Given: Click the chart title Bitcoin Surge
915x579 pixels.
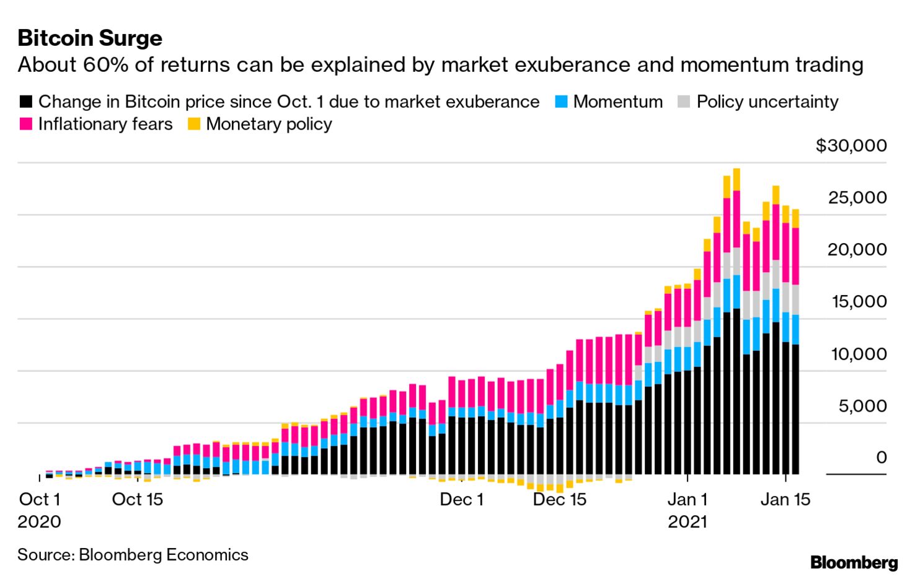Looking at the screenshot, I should tap(90, 38).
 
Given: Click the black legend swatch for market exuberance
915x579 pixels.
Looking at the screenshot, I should tap(26, 102).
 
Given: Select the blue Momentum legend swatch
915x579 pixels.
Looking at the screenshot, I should tap(561, 102).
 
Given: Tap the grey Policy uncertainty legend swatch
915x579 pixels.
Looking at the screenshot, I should tap(684, 102).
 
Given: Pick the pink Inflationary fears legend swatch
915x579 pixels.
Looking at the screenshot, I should tap(26, 124).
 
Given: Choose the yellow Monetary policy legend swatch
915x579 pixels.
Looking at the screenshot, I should tap(194, 124).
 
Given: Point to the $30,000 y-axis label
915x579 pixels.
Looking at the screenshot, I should tap(851, 146).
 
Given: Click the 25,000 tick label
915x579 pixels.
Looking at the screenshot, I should tap(857, 198).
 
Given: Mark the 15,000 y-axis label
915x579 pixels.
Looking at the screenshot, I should tap(859, 302).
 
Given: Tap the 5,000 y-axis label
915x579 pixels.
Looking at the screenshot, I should tap(862, 406).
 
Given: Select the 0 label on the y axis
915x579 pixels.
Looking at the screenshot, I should tap(881, 457).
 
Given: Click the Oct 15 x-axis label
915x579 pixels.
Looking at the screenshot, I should tap(137, 499).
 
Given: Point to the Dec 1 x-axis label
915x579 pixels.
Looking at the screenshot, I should tap(461, 499).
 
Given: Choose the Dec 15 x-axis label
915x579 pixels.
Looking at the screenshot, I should tap(559, 499).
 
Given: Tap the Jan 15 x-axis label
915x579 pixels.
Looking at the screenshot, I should tap(785, 499).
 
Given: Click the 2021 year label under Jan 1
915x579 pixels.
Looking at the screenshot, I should tap(687, 521).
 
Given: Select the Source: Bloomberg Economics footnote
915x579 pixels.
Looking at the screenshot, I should tap(133, 554).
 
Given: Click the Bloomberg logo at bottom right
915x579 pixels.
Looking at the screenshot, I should tap(854, 562).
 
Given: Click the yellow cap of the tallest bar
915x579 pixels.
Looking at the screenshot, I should tap(736, 179).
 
